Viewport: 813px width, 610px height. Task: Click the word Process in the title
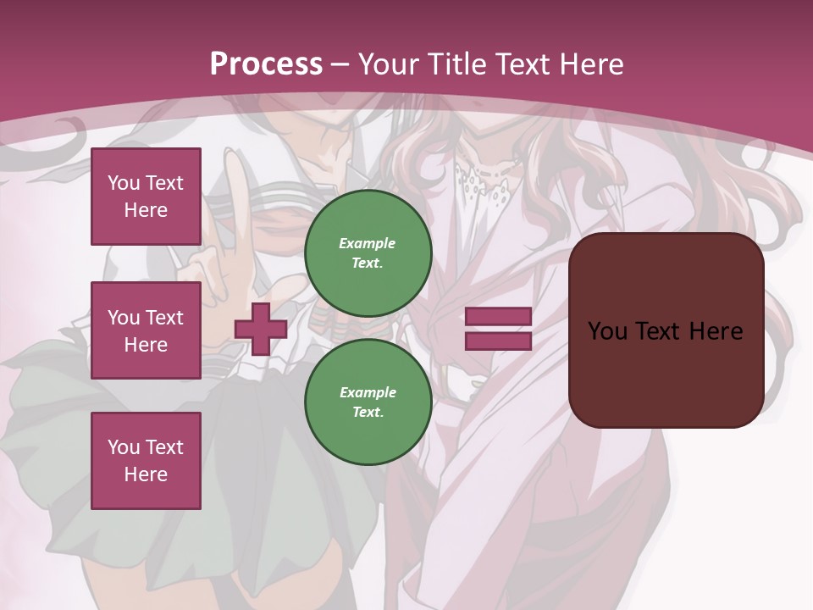pyautogui.click(x=266, y=64)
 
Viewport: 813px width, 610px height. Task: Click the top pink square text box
pyautogui.click(x=146, y=197)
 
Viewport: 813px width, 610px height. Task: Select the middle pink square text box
pyautogui.click(x=146, y=330)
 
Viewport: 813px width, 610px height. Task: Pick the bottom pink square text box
pyautogui.click(x=146, y=460)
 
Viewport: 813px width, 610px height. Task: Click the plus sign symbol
pyautogui.click(x=261, y=329)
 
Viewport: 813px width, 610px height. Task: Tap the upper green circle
pyautogui.click(x=368, y=252)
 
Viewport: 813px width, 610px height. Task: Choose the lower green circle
pyautogui.click(x=368, y=402)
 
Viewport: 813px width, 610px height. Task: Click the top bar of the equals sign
pyautogui.click(x=498, y=317)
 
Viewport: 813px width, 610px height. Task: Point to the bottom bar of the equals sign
pyautogui.click(x=498, y=341)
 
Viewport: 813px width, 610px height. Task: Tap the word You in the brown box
pyautogui.click(x=606, y=330)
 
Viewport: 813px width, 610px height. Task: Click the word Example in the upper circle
pyautogui.click(x=368, y=243)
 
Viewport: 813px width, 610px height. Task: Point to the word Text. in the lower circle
pyautogui.click(x=368, y=412)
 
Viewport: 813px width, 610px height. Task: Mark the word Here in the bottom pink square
pyautogui.click(x=146, y=474)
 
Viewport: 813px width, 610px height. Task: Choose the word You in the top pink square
pyautogui.click(x=124, y=183)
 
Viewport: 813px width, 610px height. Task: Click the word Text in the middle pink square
pyautogui.click(x=163, y=318)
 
